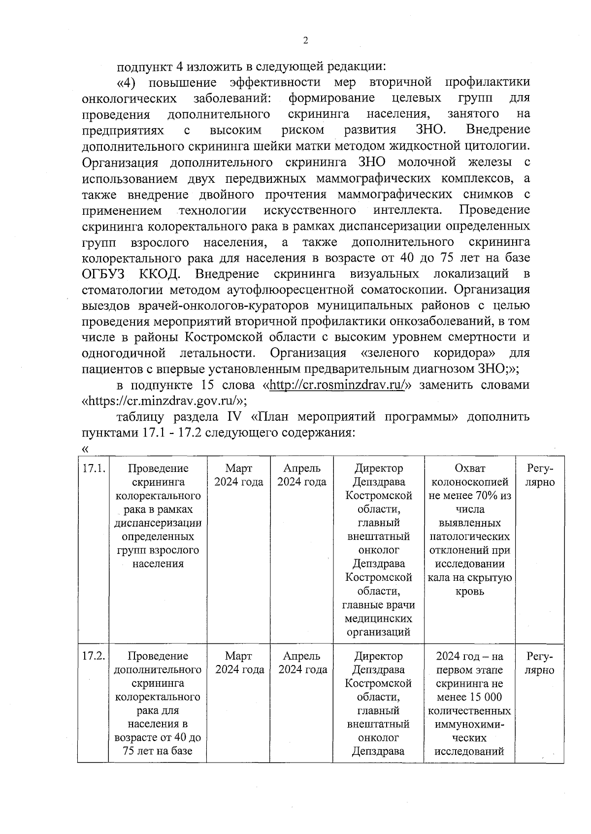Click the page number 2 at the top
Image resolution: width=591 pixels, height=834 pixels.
(305, 41)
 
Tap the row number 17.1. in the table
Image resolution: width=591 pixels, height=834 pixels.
(94, 468)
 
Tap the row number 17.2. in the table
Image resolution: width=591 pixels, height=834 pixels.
(94, 656)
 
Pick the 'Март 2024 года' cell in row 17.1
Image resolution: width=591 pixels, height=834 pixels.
(238, 475)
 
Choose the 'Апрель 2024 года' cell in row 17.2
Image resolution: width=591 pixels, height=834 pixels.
(302, 663)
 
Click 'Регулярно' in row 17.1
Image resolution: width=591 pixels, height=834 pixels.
(540, 475)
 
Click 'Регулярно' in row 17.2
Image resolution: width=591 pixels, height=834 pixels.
(540, 663)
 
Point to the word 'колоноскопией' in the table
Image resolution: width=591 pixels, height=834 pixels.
(469, 482)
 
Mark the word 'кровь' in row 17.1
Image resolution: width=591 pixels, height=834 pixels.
(469, 592)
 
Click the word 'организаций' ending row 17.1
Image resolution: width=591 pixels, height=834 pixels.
(378, 633)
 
